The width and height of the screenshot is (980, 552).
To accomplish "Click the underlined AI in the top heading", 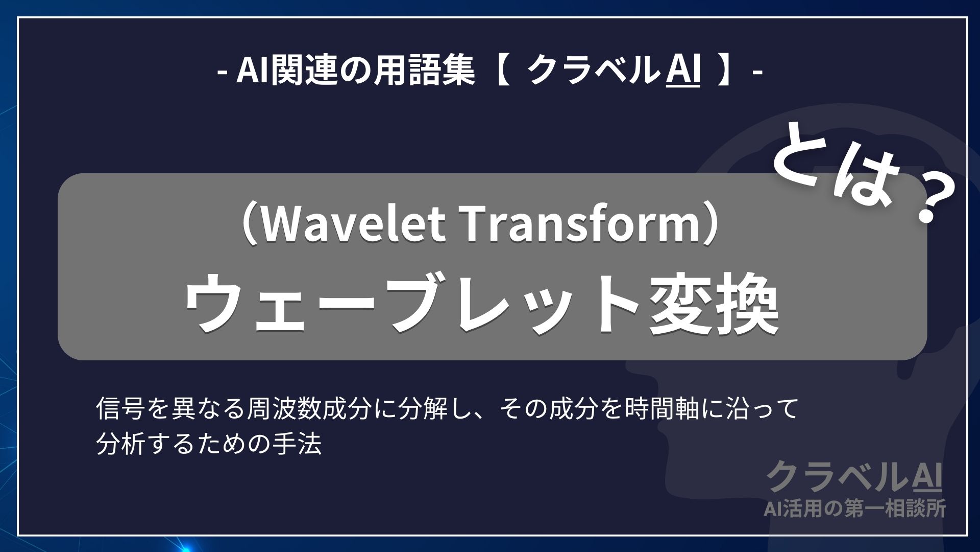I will [x=683, y=73].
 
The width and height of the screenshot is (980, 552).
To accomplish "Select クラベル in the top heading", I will [x=592, y=73].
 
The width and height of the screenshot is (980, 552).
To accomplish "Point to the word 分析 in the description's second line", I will [x=118, y=445].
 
